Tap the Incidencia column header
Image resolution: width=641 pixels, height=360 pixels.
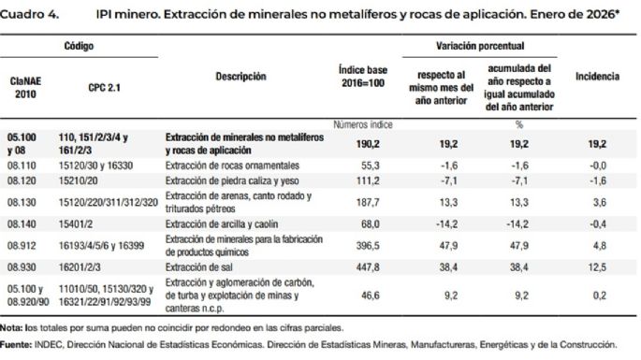[x=598, y=76]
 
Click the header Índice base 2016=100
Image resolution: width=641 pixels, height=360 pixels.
[x=360, y=77]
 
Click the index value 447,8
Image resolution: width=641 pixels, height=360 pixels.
[x=362, y=266]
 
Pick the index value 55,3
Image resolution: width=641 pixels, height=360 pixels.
[x=362, y=163]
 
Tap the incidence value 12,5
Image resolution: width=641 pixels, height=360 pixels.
[x=598, y=266]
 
